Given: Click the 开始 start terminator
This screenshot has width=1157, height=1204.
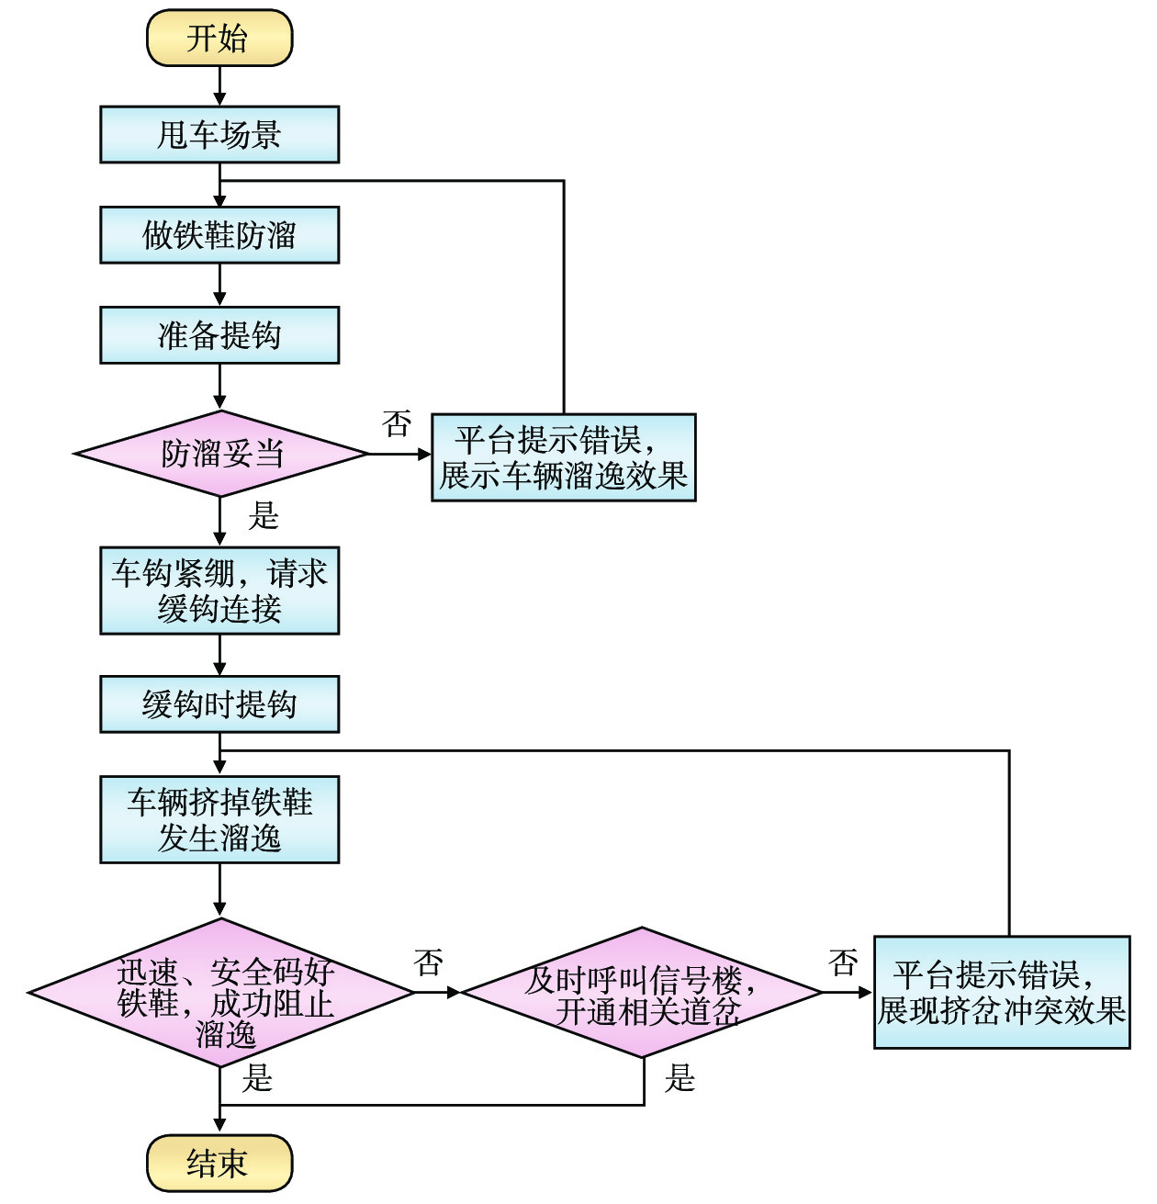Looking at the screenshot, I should [219, 39].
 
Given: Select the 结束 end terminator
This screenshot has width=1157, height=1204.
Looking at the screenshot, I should [219, 1163].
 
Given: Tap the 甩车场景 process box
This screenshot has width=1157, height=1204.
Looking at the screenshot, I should [219, 135].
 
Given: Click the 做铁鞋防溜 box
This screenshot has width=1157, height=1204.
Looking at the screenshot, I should [219, 235].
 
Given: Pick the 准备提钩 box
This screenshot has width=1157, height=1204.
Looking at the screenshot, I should [219, 335].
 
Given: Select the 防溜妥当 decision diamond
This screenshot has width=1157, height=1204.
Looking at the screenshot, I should [220, 454].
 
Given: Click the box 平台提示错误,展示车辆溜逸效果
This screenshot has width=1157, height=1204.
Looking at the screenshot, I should [563, 457].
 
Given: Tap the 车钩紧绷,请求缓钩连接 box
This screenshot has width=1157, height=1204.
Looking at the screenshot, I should [219, 591].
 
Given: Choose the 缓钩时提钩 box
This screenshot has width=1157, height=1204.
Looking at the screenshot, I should [219, 704].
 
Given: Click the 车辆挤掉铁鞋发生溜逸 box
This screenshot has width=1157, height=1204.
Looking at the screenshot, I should [219, 819].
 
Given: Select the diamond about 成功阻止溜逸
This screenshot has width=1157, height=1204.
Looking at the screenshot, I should [220, 993].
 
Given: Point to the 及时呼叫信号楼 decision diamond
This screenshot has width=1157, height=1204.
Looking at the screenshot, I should [642, 993].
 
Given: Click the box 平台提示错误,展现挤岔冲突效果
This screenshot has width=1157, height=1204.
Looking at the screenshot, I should [1001, 992].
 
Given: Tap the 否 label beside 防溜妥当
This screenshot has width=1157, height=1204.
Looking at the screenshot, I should [397, 423].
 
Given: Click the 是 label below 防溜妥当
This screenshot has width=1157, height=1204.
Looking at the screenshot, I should [263, 517].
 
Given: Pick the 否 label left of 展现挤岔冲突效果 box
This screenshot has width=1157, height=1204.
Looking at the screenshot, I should [842, 962].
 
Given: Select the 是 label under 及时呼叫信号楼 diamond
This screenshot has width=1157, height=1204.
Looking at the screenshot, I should [680, 1077].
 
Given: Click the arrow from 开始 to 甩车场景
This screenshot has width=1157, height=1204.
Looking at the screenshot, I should [219, 86].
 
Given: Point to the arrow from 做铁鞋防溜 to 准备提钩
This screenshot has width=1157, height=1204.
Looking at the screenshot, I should [219, 285].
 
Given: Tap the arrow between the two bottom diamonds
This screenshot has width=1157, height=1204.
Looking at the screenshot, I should [437, 992].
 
